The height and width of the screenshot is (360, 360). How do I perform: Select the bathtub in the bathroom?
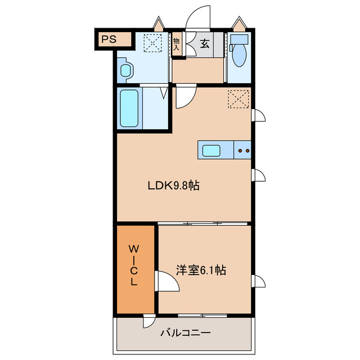pos(129,108)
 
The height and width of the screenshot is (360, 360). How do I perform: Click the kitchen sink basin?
pos(211,151)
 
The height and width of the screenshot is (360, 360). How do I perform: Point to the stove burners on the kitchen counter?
pos(244,151)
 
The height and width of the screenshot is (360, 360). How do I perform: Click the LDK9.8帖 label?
pos(174,185)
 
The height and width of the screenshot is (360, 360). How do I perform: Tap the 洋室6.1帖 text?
pos(201,270)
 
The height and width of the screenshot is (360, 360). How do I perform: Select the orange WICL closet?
pos(136,269)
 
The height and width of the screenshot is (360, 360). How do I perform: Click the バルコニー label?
pos(185,332)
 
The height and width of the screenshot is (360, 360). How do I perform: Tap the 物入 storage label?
pos(176,44)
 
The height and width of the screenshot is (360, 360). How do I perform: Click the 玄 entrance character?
pos(205,43)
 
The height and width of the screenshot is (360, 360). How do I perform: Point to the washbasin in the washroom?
pos(125,70)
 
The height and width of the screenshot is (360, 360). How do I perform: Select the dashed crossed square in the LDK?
pos(238,99)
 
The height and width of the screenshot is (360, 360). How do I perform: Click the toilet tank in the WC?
pos(239,39)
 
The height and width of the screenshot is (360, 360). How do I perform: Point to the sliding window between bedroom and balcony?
pos(202,315)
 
